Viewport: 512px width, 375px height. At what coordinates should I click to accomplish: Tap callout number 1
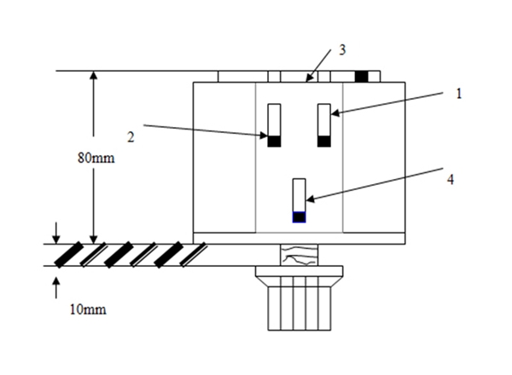tap(458, 94)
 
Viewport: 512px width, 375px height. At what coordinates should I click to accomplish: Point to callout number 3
tap(341, 49)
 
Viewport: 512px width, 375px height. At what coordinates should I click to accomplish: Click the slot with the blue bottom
tap(299, 200)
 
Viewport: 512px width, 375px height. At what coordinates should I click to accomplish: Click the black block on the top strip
tap(362, 76)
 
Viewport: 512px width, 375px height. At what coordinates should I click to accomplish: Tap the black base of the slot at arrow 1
tap(324, 141)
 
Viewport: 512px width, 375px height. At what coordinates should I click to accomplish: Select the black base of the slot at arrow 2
tap(274, 141)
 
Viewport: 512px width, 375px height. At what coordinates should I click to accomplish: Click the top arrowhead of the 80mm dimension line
tap(94, 77)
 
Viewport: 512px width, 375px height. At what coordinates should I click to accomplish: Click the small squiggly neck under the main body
tap(299, 255)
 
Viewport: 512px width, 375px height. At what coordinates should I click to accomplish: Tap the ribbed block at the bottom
tap(299, 304)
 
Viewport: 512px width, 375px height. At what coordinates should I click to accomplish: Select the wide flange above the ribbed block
tap(299, 271)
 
